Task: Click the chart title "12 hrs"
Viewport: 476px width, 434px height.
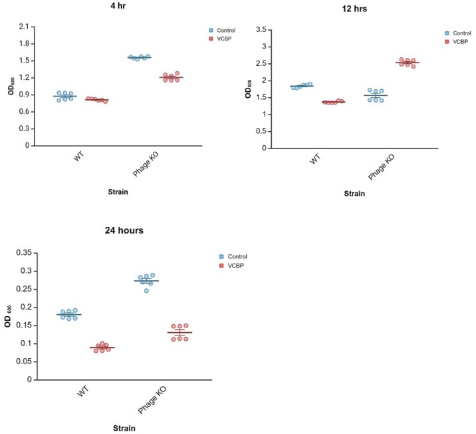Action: point(350,9)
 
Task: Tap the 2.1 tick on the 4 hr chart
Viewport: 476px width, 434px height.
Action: point(23,27)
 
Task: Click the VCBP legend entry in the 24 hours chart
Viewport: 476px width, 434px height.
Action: point(236,266)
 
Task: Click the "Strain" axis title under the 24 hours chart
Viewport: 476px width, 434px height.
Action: point(125,427)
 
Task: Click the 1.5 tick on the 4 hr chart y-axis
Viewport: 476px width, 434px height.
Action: point(23,61)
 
